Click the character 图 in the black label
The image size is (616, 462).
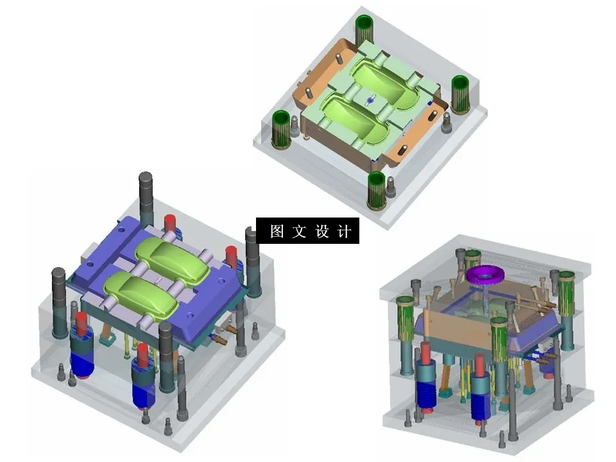pos(277,231)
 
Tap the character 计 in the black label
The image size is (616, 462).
pos(345,231)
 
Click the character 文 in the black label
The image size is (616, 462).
pos(299,231)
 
